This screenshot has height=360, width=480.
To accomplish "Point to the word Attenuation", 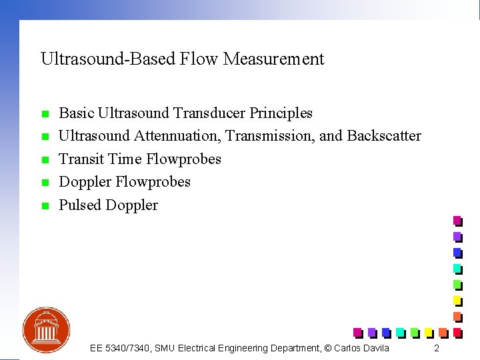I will [x=177, y=136].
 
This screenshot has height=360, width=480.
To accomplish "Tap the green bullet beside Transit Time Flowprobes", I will [x=45, y=160].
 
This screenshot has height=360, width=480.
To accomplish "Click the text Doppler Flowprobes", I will [x=125, y=182].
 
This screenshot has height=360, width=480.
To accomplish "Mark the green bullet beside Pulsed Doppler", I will [x=45, y=206].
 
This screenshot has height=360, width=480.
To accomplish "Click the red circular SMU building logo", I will [x=46, y=330].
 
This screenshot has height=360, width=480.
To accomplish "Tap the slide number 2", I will [x=437, y=349].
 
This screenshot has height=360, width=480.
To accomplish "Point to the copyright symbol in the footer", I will [x=326, y=348].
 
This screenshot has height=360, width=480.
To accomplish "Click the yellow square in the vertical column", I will [x=457, y=299].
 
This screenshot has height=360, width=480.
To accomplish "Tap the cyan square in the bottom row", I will [x=399, y=331].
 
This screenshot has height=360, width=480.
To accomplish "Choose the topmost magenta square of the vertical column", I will [x=457, y=220].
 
